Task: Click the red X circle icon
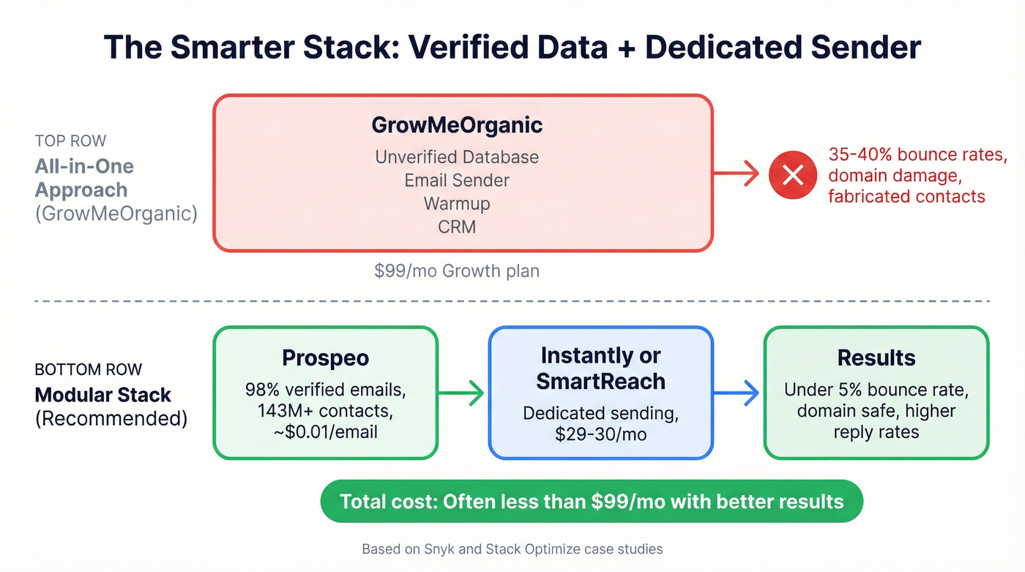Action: point(793,174)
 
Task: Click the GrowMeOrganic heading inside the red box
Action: point(457,125)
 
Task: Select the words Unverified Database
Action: point(457,157)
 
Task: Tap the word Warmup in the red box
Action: point(457,203)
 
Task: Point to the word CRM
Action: point(457,226)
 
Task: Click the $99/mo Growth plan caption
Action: point(457,270)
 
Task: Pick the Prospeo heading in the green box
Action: point(325,357)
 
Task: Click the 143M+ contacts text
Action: point(325,410)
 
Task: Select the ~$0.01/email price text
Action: point(325,431)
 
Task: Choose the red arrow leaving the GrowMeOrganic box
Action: point(736,174)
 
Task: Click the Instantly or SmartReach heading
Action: point(600,368)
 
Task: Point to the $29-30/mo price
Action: point(600,434)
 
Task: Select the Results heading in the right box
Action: point(876,357)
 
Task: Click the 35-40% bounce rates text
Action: point(917,155)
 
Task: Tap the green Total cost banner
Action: point(592,502)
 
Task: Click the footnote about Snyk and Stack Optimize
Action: point(512,549)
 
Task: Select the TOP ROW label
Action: point(70,141)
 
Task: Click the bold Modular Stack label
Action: point(102,395)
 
